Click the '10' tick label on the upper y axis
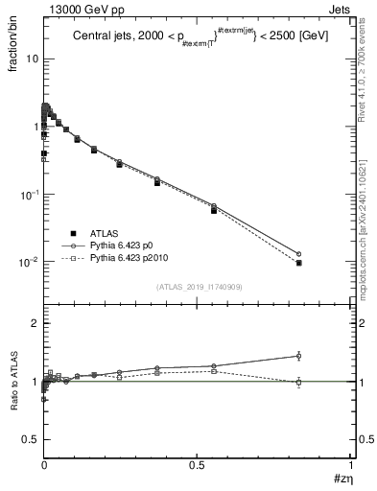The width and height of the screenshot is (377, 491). [31, 59]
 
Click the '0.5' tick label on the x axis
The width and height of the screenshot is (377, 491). [197, 464]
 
